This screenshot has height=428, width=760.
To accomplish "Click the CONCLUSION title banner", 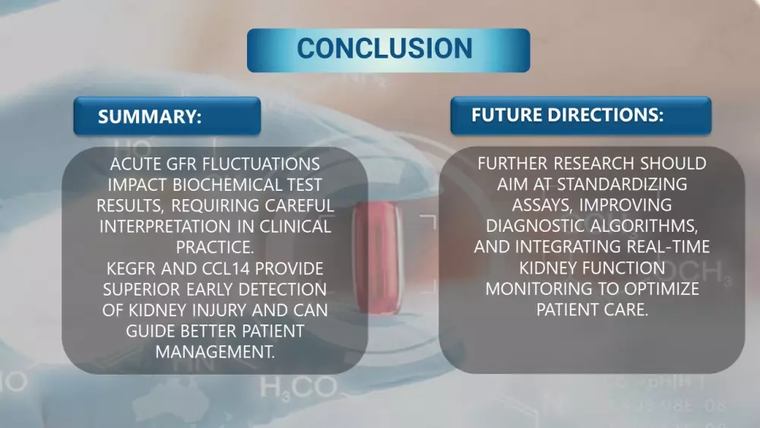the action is [x=388, y=50].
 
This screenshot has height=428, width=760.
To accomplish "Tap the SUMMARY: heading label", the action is [x=167, y=116].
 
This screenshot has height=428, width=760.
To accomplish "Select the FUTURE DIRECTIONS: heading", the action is [x=581, y=116].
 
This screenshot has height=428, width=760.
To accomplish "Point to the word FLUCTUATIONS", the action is [x=261, y=164].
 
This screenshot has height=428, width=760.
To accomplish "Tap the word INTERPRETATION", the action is [x=165, y=227].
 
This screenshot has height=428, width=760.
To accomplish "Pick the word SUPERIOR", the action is [x=141, y=289].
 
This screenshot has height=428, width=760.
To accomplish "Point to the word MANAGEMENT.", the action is [x=215, y=351].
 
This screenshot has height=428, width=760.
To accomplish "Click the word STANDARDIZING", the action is [x=622, y=184].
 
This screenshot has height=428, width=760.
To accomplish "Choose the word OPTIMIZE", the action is [x=661, y=288].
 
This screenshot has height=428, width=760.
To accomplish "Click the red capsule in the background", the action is [x=378, y=258].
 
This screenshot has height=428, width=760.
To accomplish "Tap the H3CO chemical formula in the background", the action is [x=298, y=388].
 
